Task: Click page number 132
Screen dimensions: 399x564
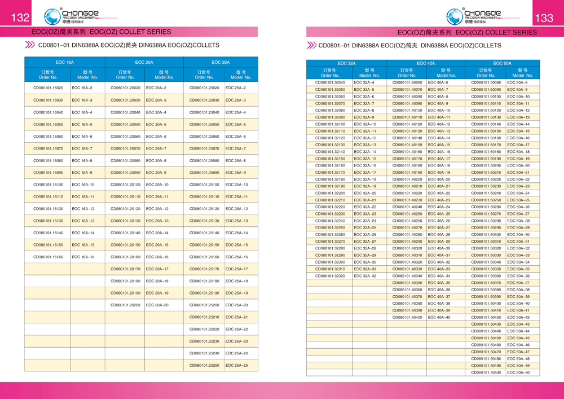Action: pos(20,18)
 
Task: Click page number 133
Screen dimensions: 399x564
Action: pos(544,18)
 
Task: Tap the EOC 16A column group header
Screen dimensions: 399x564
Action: pos(64,62)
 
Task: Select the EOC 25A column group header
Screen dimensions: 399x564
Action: pos(220,62)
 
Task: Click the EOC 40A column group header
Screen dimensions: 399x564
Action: pos(426,64)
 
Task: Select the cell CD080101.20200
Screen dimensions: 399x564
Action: pos(125,305)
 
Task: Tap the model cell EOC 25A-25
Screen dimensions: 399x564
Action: pos(237,365)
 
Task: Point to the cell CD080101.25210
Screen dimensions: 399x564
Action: pos(204,317)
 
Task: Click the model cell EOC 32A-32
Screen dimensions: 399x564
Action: pos(365,276)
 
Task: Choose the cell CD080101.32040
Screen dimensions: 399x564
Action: pos(329,83)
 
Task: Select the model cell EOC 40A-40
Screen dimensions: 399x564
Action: pos(439,317)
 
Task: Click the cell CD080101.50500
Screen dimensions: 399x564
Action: pos(486,372)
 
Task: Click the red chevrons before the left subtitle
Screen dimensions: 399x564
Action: pos(29,45)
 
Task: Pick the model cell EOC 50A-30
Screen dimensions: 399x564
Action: pos(518,235)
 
